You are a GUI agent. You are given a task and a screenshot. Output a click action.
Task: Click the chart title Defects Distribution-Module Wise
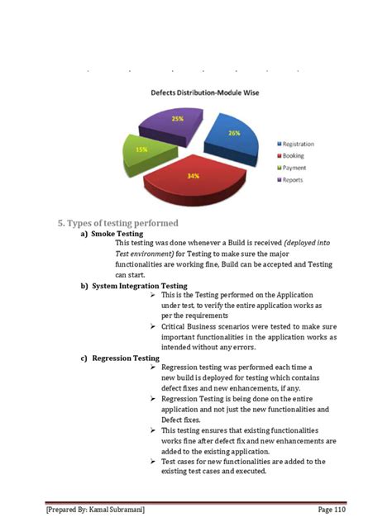point(204,93)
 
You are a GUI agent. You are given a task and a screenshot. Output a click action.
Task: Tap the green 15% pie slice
point(142,151)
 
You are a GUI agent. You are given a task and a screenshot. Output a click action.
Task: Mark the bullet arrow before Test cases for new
point(154,462)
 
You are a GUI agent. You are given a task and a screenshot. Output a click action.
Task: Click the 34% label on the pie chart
point(193,175)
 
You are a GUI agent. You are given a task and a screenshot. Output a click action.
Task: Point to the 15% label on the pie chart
point(142,149)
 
